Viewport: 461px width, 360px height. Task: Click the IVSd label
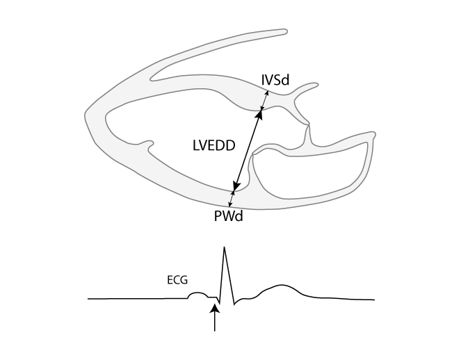pos(275,81)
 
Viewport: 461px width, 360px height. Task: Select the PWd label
pos(228,215)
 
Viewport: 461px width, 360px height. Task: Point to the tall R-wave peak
pos(224,248)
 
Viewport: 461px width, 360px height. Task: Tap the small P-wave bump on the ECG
pos(197,295)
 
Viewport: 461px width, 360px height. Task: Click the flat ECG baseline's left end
pos(89,299)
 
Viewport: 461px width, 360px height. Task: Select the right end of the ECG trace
pos(374,300)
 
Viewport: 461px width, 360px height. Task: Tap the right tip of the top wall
pos(285,31)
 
